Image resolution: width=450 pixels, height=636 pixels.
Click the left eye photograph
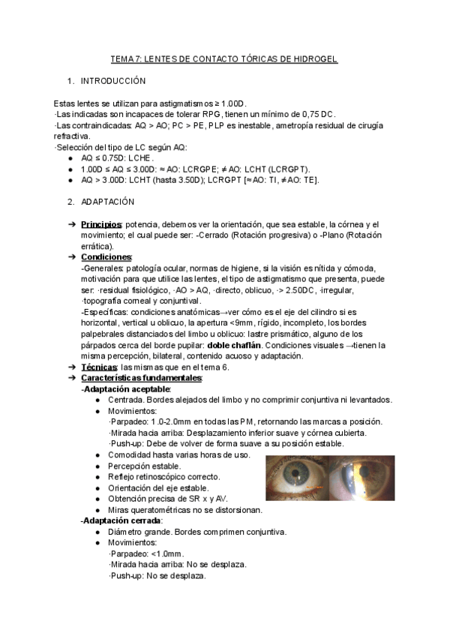point(298,478)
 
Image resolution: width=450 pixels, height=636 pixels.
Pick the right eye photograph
point(361,478)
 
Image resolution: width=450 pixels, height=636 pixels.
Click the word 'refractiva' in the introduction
point(71,136)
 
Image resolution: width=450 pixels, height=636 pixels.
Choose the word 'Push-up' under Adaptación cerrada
point(124,576)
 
